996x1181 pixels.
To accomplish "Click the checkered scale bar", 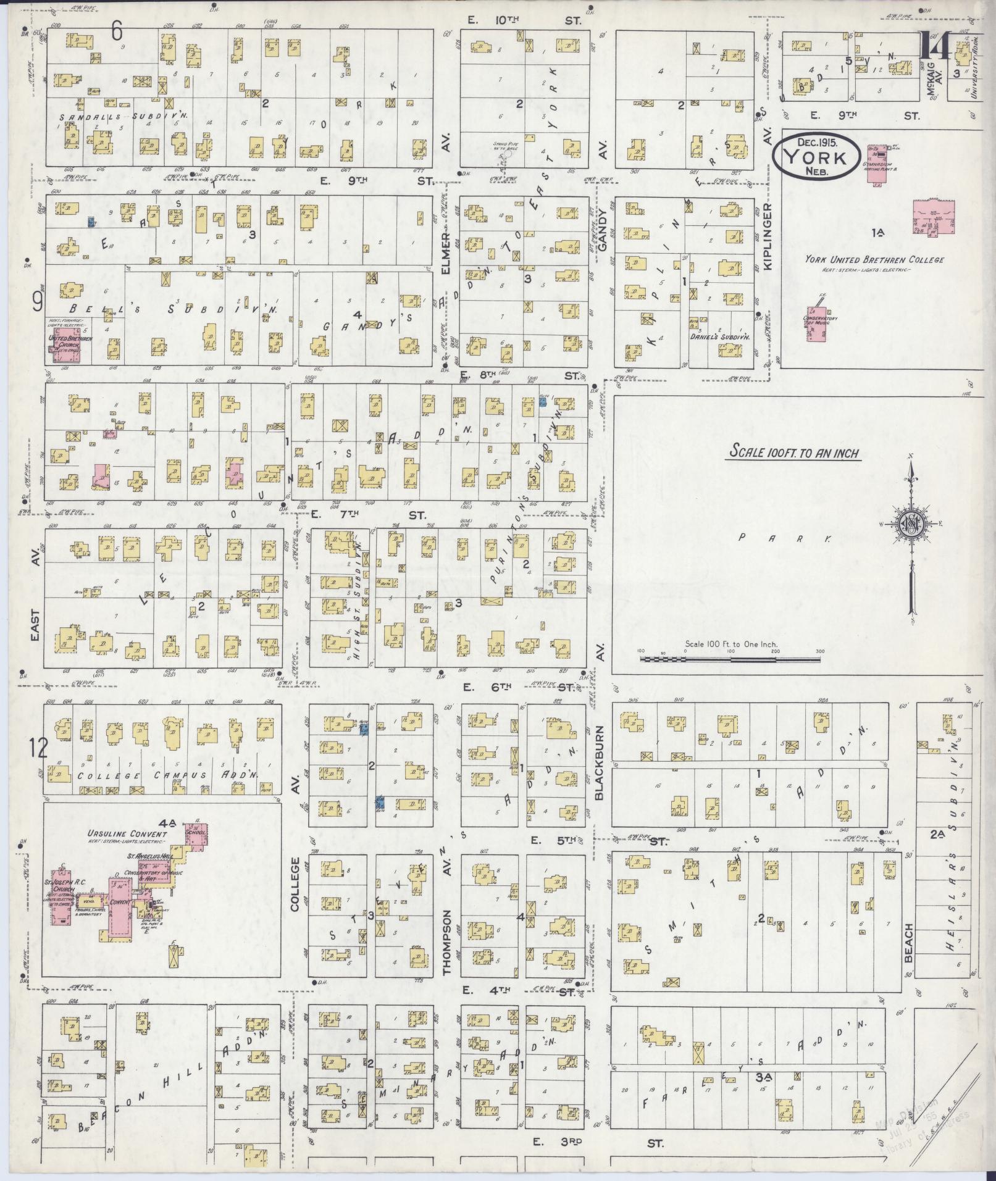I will [x=730, y=659].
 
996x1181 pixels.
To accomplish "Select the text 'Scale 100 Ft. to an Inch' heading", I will [x=794, y=453].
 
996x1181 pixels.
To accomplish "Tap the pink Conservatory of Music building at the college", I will [x=817, y=325].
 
